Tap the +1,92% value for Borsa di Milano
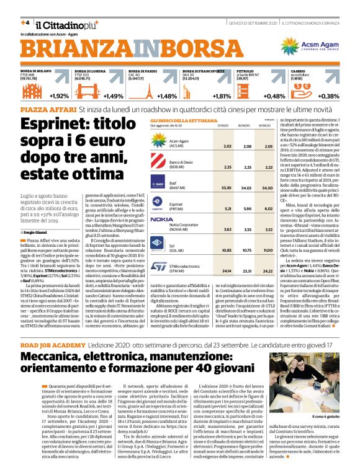click(x=59, y=96)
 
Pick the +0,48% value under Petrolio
click(x=274, y=96)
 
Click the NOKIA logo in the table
click(x=161, y=220)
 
